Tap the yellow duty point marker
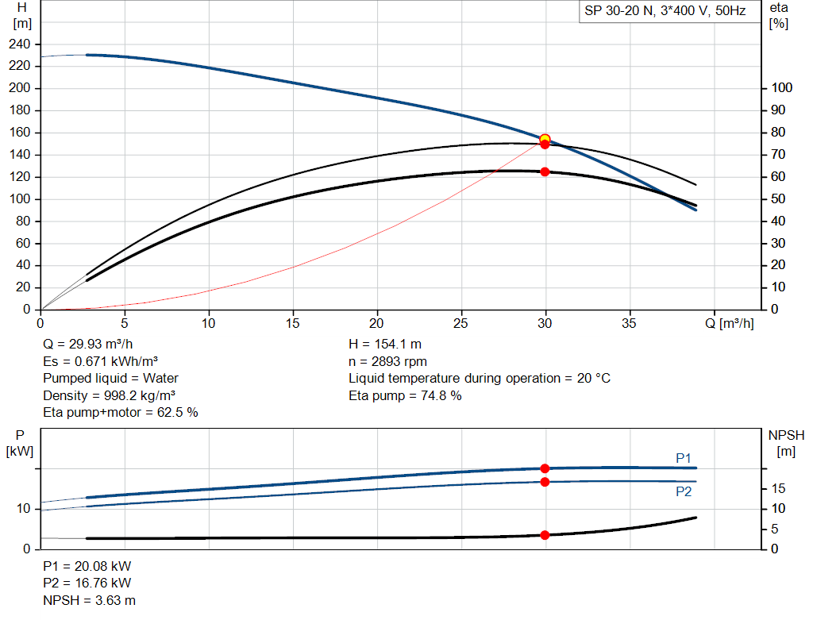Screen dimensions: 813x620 click(x=545, y=139)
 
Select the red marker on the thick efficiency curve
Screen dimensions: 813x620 click(x=545, y=171)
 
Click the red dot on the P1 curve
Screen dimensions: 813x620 click(x=545, y=468)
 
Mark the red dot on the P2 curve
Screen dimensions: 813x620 click(x=545, y=482)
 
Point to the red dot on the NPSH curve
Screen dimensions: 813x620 click(x=545, y=535)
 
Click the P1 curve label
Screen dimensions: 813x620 click(x=684, y=458)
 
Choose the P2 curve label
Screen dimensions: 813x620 click(x=684, y=491)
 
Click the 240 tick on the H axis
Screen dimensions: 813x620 click(x=20, y=44)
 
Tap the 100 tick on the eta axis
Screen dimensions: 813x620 click(x=781, y=87)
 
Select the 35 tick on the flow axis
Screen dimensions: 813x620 click(x=629, y=323)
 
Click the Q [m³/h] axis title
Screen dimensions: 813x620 click(x=730, y=323)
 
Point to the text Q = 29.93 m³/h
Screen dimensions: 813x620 click(x=88, y=345)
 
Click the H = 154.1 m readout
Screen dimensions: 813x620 click(x=385, y=345)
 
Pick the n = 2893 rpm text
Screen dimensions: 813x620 click(x=387, y=361)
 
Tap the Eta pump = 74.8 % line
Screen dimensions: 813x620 click(x=405, y=395)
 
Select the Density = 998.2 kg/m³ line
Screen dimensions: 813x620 click(x=109, y=395)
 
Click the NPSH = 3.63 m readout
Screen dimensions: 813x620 click(x=89, y=600)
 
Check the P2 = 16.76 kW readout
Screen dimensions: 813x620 click(x=87, y=583)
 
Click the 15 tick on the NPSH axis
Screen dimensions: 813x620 click(x=778, y=488)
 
